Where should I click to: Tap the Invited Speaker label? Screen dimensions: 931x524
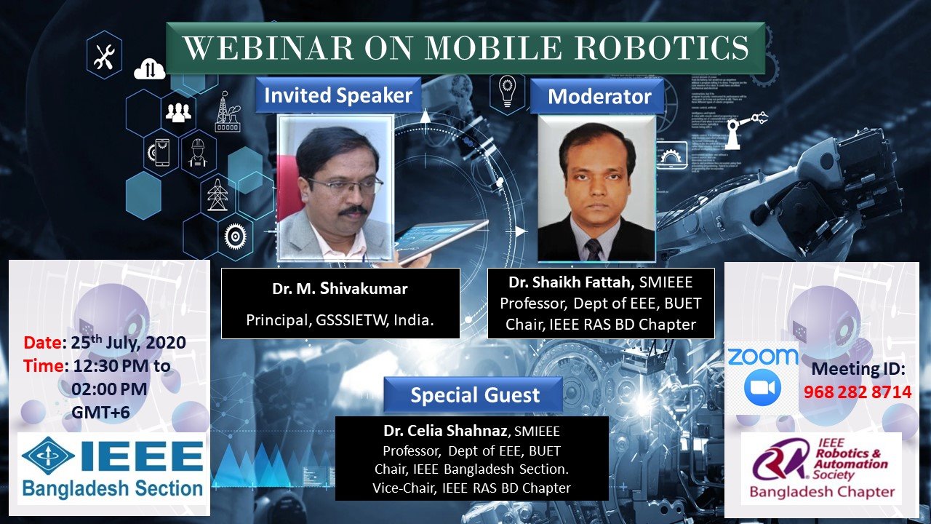[338, 95]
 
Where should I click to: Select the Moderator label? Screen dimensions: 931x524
[599, 97]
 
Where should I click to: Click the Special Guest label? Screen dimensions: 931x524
[475, 394]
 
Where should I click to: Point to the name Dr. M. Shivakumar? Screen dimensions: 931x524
[340, 289]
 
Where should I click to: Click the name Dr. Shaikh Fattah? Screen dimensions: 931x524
[571, 282]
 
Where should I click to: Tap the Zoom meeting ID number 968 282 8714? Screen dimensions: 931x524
[858, 392]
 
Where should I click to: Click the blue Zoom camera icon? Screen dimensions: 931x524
[762, 387]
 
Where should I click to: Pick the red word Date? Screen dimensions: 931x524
[43, 343]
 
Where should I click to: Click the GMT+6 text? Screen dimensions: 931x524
[100, 413]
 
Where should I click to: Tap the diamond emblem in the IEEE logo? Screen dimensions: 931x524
[48, 456]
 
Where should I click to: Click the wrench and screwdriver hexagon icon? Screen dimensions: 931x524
[104, 55]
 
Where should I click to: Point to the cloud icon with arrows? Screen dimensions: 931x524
[149, 69]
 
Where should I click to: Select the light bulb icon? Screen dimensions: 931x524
[507, 92]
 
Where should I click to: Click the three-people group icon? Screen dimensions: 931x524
[178, 112]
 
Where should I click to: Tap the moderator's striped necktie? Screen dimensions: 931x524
[592, 250]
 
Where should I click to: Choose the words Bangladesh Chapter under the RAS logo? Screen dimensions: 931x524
[822, 491]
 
